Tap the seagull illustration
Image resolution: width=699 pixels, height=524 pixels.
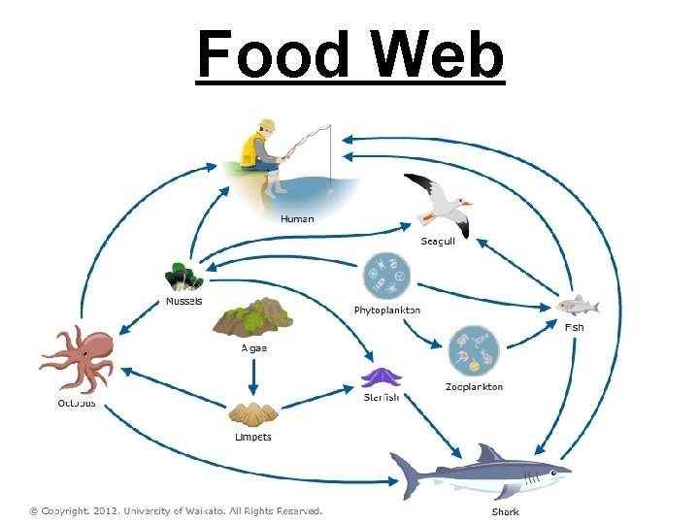point(439,203)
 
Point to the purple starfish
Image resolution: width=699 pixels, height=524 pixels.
point(380,377)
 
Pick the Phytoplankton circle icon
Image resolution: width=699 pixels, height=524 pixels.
point(386,277)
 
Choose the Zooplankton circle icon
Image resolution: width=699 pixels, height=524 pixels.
point(473,351)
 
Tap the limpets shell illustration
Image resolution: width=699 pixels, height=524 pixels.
point(252,414)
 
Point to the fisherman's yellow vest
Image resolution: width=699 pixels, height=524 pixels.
point(254,150)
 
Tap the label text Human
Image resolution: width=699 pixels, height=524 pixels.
point(297,218)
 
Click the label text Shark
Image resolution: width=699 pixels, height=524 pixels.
point(505,511)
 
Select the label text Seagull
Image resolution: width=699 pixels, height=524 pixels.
point(438,241)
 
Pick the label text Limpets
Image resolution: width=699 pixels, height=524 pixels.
point(253,437)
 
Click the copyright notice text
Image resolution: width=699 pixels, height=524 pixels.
point(175,510)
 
